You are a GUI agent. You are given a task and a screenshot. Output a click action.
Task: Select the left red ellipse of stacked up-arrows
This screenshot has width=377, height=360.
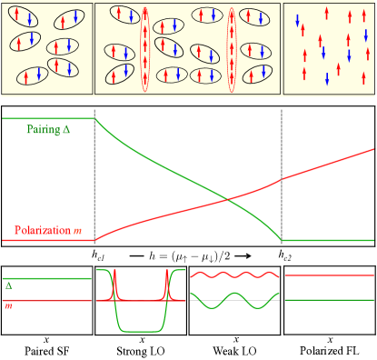[x=145, y=50]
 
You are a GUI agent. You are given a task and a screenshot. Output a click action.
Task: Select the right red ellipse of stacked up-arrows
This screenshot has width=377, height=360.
[x=231, y=50]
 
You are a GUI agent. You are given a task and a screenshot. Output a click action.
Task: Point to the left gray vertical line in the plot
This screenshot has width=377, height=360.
[x=94, y=182]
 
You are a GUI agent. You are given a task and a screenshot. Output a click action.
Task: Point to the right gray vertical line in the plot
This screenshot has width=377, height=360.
[x=283, y=182]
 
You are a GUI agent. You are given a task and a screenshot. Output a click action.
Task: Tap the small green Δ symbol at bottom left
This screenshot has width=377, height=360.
[x=8, y=285]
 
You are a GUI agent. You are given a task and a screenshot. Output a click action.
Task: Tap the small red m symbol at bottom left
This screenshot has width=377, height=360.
[x=8, y=305]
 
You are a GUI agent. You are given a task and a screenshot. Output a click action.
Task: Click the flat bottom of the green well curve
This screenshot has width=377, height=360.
[x=140, y=332]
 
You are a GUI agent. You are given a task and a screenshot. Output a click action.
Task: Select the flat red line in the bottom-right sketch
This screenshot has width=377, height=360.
[x=329, y=274]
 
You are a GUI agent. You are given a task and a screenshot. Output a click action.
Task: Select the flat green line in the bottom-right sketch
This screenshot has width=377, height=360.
[x=329, y=299]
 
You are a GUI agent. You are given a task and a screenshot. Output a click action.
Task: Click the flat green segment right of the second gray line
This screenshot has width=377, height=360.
[x=327, y=240]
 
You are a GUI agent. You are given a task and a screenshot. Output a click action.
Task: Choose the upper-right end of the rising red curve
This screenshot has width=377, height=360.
[x=371, y=150]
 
